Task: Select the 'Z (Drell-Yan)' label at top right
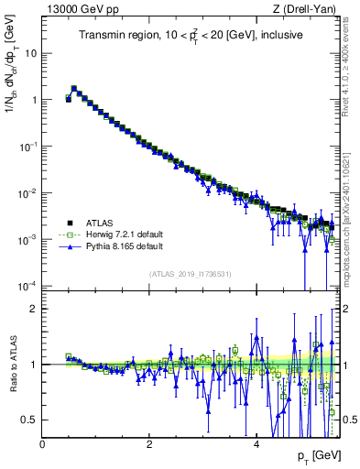[309, 10]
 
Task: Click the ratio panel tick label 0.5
[30, 420]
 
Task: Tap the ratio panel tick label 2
[35, 309]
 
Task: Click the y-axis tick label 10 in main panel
[31, 52]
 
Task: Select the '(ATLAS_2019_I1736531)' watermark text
[191, 275]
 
